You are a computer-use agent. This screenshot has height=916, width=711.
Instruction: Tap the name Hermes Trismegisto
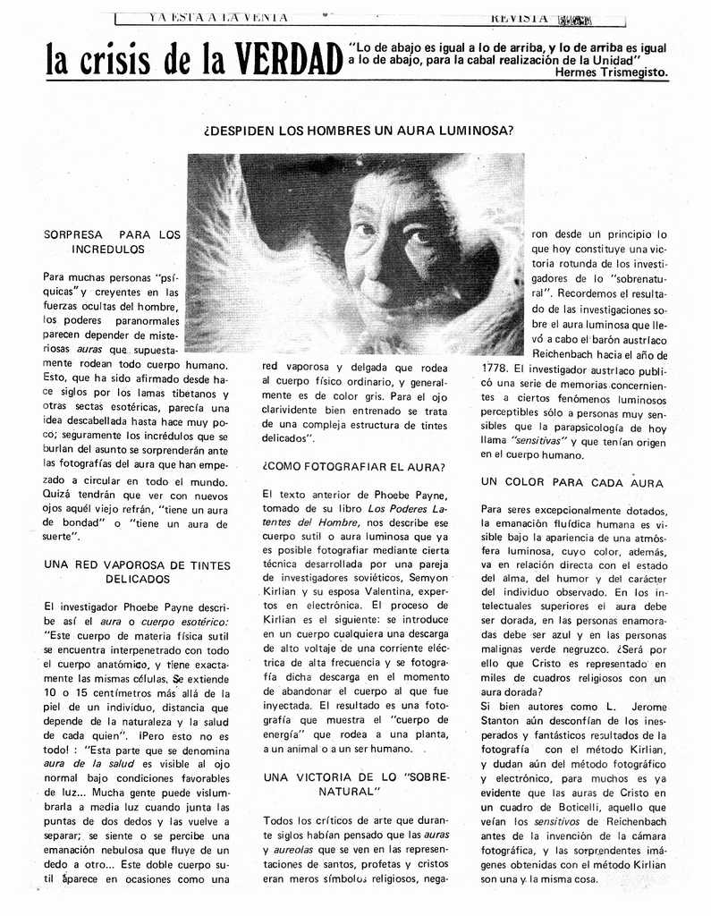click(x=611, y=73)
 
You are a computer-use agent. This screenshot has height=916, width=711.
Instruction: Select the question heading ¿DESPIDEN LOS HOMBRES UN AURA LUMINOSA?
click(x=359, y=130)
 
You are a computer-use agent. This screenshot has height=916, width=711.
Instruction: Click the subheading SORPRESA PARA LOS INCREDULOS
click(x=113, y=242)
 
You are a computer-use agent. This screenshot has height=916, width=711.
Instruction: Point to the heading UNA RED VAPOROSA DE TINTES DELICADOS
click(x=137, y=572)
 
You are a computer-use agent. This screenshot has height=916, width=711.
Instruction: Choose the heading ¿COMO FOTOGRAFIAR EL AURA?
click(x=354, y=467)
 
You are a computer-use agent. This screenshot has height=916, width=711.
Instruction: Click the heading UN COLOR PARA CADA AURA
click(x=571, y=482)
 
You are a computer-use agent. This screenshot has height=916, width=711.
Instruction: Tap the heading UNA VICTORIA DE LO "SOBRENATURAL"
click(x=356, y=785)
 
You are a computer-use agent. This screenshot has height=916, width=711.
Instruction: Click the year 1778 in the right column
click(x=495, y=368)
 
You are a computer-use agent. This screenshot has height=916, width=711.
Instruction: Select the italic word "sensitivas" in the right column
click(x=537, y=440)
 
